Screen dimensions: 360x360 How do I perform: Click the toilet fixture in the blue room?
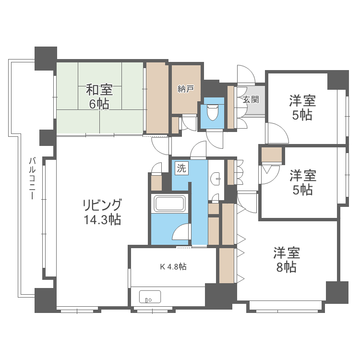(x=212, y=112)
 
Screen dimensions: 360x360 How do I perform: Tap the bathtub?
(x=169, y=203)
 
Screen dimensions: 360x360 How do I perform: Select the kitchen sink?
(x=150, y=297)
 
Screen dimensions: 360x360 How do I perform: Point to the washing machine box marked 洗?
(x=181, y=168)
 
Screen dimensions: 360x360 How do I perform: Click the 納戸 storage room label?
(x=185, y=89)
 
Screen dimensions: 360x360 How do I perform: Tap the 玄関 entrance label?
(x=251, y=99)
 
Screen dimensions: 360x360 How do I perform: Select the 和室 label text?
(x=99, y=90)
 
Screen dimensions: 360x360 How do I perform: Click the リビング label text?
(x=102, y=205)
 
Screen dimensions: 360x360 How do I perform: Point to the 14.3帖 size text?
(x=102, y=220)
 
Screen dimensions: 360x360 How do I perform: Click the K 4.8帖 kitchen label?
(x=173, y=266)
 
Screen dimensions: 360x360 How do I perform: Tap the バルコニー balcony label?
(x=32, y=179)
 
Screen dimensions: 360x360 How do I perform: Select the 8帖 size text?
(x=286, y=267)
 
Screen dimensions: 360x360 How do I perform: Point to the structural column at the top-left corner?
(x=46, y=58)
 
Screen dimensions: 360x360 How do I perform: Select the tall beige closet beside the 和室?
(x=157, y=98)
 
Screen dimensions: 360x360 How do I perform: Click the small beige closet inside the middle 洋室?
(x=272, y=155)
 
